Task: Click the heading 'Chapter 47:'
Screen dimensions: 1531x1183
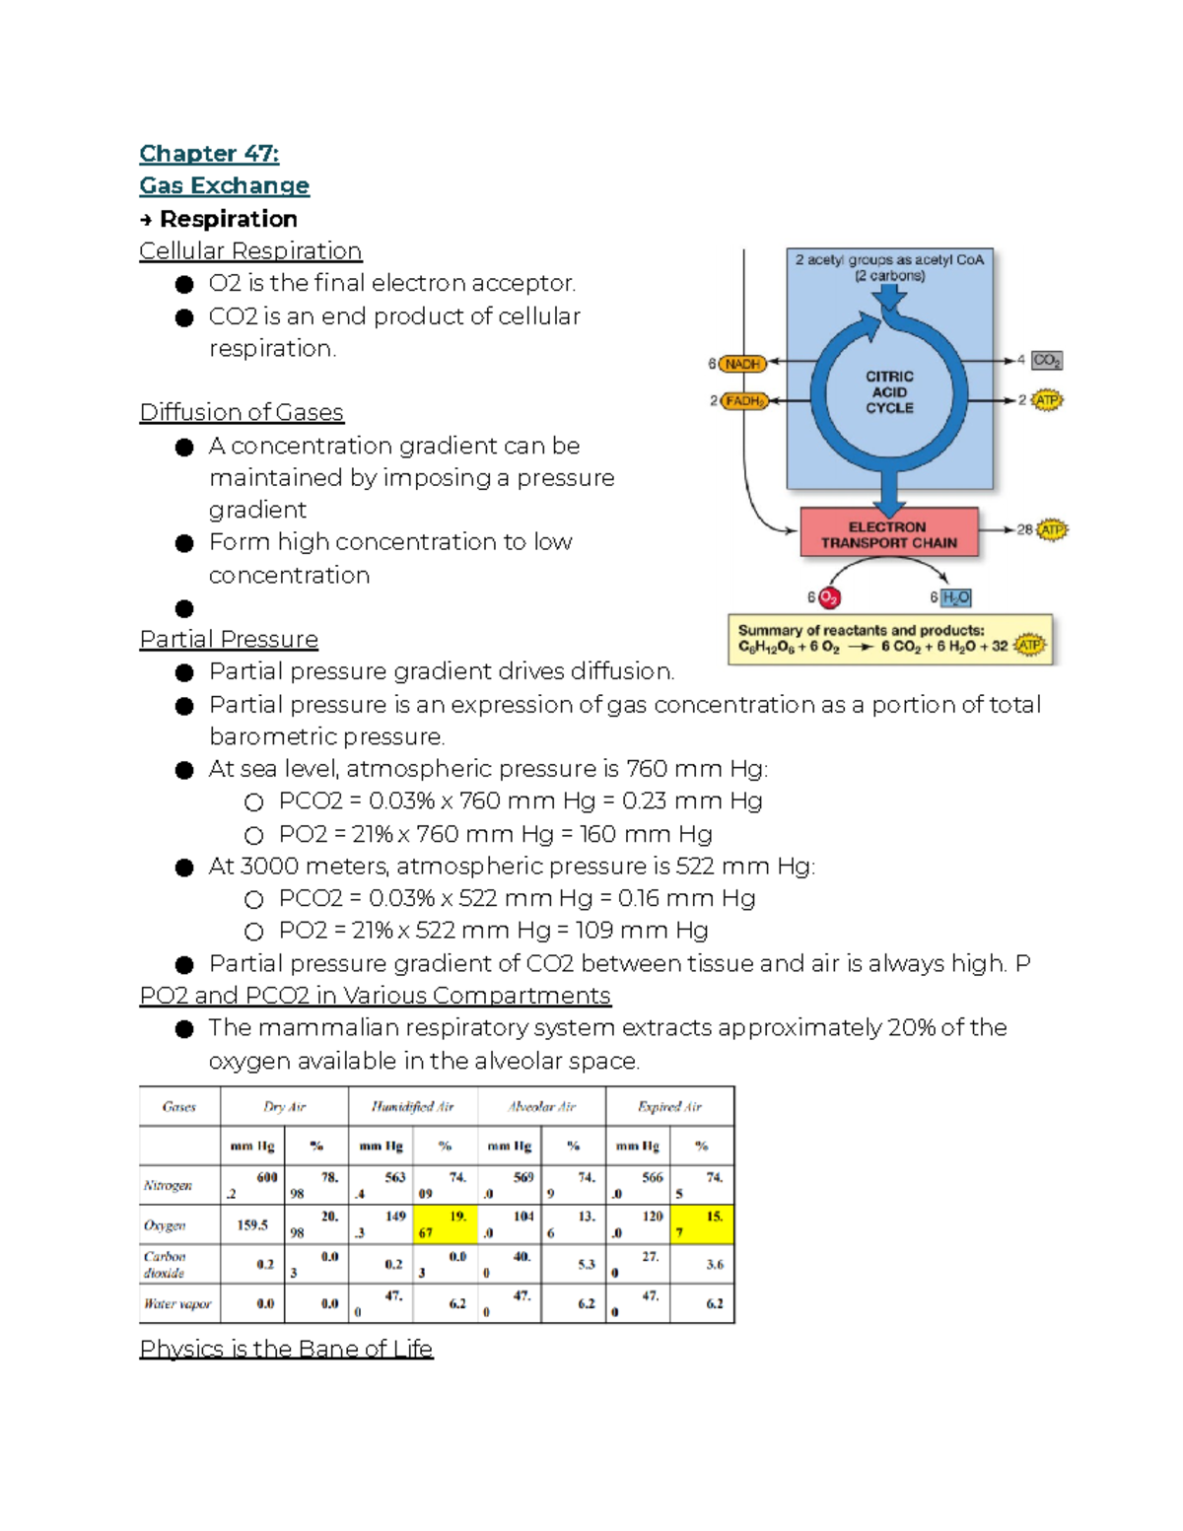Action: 209,154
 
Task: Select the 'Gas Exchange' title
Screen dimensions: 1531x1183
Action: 225,186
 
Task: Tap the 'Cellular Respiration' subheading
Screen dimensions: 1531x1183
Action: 250,251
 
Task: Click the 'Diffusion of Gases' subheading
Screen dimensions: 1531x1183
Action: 242,412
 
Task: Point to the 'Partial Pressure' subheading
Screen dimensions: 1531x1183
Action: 229,639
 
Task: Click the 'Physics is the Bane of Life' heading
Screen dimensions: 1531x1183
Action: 286,1349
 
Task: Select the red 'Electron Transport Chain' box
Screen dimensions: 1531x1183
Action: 888,534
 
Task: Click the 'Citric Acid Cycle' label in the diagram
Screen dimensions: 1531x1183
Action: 889,392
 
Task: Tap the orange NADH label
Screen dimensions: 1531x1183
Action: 742,364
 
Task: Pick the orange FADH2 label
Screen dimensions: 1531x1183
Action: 744,401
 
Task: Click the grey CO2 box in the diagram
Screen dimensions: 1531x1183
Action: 1046,361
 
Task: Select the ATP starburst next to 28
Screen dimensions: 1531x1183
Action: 1052,530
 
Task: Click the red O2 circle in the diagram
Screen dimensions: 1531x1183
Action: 829,598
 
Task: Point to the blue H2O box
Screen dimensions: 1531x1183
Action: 955,598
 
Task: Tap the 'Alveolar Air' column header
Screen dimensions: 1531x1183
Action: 541,1107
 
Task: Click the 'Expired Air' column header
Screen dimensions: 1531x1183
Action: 669,1107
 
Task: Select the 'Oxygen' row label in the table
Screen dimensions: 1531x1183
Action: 165,1225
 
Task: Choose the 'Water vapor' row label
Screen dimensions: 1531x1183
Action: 177,1304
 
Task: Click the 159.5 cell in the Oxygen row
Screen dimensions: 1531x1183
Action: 252,1225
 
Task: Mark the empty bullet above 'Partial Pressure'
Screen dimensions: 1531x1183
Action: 184,608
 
